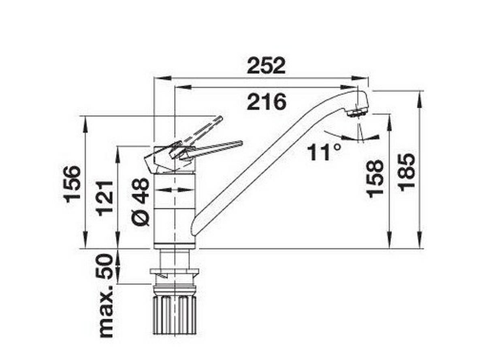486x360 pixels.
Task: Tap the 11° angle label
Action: coord(324,152)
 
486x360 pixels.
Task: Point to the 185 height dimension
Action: coord(407,171)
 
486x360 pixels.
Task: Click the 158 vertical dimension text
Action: coord(375,178)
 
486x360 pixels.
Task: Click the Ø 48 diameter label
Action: coord(141,201)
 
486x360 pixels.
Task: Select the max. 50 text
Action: coord(106,296)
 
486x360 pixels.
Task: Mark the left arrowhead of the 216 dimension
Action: coord(180,87)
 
